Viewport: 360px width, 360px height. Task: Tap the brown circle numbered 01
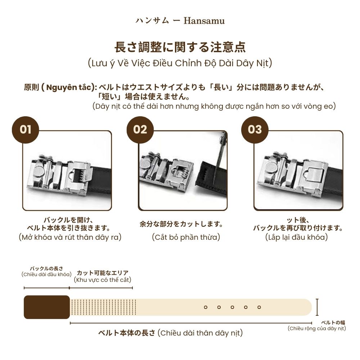[26, 130]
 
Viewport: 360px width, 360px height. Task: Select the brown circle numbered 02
[140, 130]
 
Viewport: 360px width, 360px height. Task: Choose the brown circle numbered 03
[255, 130]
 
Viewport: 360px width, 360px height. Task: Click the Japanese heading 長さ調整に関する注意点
[180, 47]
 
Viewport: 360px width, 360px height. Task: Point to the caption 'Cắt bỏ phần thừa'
[186, 237]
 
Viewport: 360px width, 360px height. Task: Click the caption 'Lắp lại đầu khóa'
[297, 237]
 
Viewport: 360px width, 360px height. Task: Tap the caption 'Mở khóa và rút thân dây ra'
[70, 237]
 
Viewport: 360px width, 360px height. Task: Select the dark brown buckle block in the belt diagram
[46, 307]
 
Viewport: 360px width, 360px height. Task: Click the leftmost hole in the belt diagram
[205, 307]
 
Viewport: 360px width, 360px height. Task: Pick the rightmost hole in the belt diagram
[259, 307]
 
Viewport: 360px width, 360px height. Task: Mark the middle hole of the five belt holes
[232, 307]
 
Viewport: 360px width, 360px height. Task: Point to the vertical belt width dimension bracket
[317, 307]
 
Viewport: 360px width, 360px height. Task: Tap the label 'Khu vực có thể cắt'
[103, 280]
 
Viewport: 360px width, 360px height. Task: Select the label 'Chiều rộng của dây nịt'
[316, 328]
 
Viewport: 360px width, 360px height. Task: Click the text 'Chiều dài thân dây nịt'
[200, 333]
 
